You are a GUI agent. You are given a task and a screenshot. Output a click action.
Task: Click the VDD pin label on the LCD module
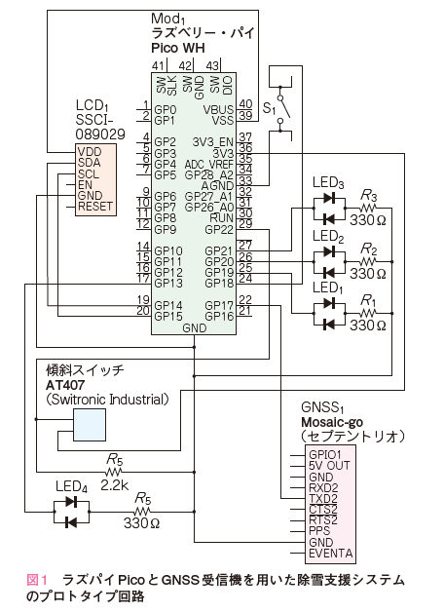click(x=90, y=152)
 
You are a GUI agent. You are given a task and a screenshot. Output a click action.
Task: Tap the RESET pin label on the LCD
click(x=95, y=206)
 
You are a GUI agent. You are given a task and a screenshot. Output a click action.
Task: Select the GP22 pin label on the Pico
click(x=219, y=229)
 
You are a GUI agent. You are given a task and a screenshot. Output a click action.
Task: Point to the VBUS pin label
click(x=218, y=110)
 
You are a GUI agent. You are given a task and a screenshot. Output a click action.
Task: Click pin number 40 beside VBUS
click(x=245, y=104)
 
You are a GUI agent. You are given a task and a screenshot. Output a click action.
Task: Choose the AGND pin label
click(x=217, y=186)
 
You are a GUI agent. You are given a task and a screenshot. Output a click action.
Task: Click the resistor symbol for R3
click(x=367, y=208)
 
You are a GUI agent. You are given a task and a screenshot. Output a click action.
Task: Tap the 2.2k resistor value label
click(x=115, y=485)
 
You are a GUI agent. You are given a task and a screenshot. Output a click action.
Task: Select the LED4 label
click(x=71, y=486)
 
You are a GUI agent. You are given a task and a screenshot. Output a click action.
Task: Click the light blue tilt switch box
click(x=90, y=425)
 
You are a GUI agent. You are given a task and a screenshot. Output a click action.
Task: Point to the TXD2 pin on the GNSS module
click(x=323, y=498)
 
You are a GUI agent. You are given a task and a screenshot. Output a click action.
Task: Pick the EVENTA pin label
click(x=330, y=554)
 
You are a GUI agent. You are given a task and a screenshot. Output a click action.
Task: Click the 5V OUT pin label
click(x=329, y=466)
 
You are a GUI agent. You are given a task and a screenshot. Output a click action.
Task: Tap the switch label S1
click(x=269, y=107)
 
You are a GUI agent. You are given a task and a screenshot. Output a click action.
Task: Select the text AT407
click(x=65, y=386)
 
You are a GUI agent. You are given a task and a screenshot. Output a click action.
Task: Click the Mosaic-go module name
click(x=332, y=422)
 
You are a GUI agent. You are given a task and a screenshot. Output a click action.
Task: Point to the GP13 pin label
click(x=168, y=283)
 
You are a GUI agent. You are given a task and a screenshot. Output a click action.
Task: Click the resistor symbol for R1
click(x=367, y=313)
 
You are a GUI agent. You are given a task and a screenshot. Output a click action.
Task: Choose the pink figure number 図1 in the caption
click(x=37, y=580)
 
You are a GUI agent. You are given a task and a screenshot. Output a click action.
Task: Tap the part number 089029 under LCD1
click(x=100, y=134)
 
